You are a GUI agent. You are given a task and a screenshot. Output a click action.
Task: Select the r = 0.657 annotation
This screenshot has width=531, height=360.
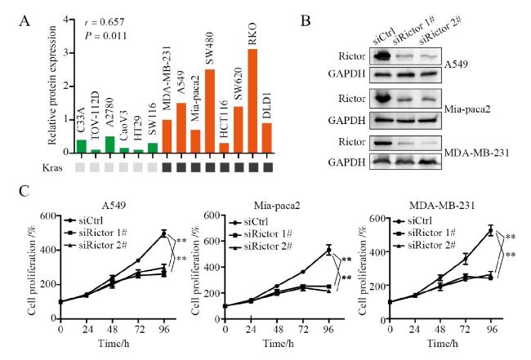coord(87,20)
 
